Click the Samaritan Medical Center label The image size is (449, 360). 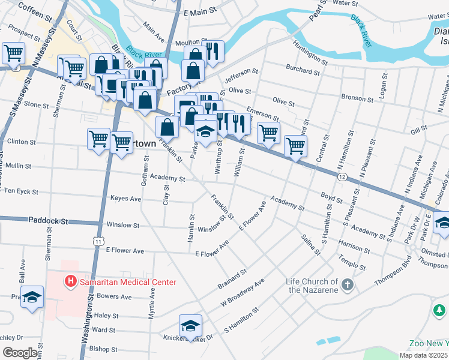tap(127, 282)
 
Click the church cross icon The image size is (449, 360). tap(347, 286)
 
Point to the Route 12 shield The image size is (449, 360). tap(342, 176)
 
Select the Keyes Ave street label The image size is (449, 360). tap(125, 199)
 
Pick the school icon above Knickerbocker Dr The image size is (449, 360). tap(191, 325)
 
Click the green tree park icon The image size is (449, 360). tap(439, 310)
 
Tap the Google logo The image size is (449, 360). tap(20, 353)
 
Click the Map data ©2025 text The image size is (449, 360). tap(423, 355)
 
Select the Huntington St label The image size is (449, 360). tap(310, 52)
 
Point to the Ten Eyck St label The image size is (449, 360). tap(21, 192)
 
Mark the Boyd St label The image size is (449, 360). tap(331, 196)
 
